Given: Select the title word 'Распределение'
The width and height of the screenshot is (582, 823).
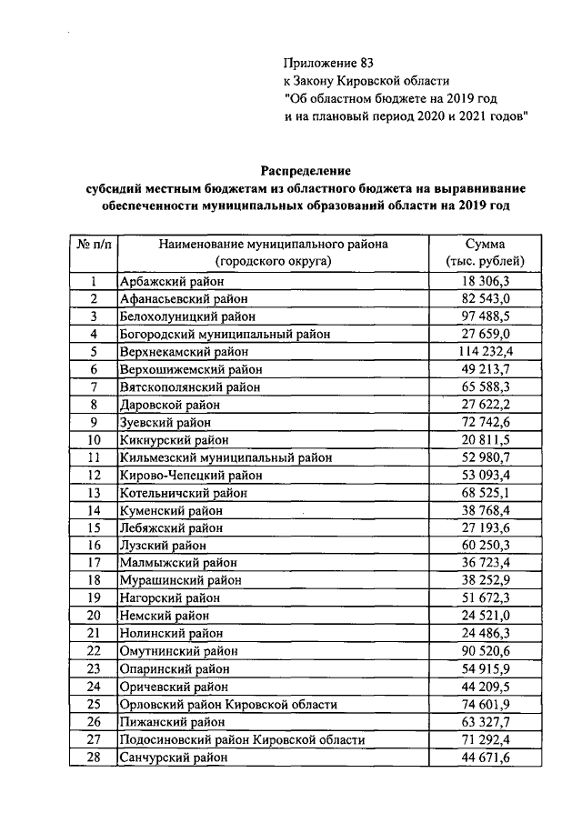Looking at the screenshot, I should (x=306, y=171).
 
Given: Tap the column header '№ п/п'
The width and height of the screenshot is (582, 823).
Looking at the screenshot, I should (x=93, y=245).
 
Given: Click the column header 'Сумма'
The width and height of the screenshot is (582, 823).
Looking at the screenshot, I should (x=486, y=245).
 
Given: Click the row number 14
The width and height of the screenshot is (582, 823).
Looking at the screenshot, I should (x=93, y=510).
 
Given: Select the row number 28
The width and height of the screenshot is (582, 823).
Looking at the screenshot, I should (x=93, y=757).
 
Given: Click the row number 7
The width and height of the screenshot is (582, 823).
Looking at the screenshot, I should (x=93, y=386).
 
